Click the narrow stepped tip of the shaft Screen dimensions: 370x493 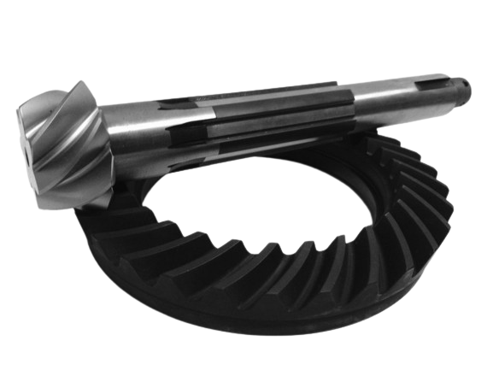tap(462, 85)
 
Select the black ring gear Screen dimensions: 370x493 tap(256, 282)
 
